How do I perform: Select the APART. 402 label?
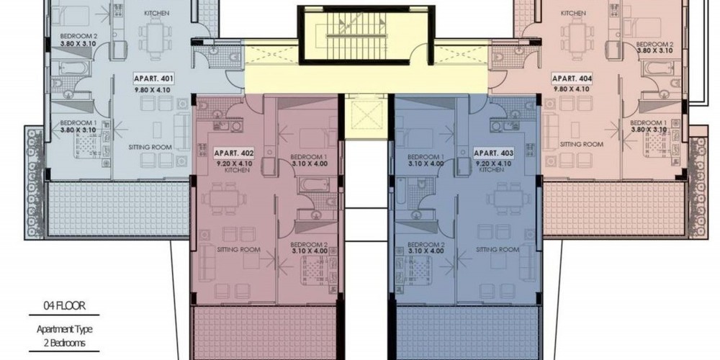234,153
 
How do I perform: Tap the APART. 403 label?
494,153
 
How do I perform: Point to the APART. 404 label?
572,78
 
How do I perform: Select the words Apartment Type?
64,329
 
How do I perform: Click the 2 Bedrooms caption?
64,343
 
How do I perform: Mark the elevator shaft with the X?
366,114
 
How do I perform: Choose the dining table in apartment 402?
224,199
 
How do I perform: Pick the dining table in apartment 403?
508,199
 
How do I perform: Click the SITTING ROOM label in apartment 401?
150,148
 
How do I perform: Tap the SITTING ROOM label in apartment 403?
498,250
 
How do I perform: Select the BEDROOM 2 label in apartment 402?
309,244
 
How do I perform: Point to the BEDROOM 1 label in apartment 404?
648,123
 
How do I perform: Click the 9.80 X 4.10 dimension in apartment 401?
153,90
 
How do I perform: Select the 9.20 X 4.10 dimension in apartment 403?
494,163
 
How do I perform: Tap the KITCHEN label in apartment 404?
573,13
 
